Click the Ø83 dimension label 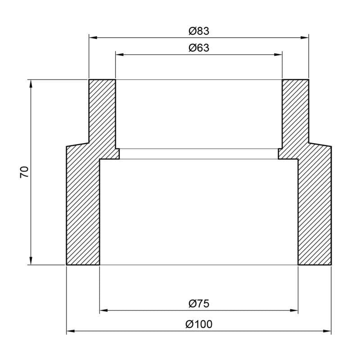(199, 31)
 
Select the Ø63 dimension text (199, 48)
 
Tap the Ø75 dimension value (199, 304)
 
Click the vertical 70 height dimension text (24, 172)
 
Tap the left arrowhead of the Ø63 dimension (119, 54)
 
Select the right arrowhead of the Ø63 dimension (279, 54)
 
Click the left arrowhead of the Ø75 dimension (103, 310)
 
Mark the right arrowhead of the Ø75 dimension (295, 310)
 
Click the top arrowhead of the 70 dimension (31, 84)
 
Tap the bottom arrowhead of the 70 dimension (31, 261)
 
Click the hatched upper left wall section (102, 112)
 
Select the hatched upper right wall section (296, 112)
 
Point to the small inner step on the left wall (117, 154)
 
